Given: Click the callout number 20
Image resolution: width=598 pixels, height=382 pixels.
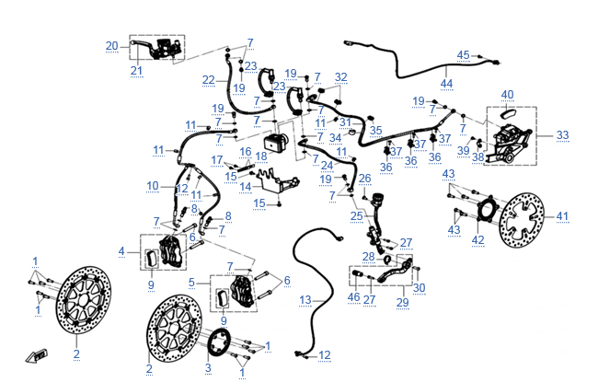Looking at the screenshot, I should tap(111, 46).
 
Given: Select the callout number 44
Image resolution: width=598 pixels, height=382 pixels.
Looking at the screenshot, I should tap(446, 84).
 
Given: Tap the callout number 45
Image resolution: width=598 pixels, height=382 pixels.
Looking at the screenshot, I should tap(463, 55).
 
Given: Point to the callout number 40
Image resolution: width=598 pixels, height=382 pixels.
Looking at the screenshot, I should tap(507, 94).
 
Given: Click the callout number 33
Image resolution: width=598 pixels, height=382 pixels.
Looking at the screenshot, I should tap(562, 134).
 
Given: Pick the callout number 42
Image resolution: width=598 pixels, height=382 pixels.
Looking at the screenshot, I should tap(477, 240).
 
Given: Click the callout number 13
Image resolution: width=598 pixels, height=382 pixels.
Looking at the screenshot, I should tap(305, 300).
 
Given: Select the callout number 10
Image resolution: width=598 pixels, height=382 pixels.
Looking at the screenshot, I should tap(153, 186).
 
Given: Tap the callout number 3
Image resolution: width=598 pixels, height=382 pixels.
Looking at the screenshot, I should tap(207, 368).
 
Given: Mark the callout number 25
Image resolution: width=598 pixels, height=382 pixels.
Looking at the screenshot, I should tap(356, 215).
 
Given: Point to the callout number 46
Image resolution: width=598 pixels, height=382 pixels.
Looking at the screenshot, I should tap(354, 297).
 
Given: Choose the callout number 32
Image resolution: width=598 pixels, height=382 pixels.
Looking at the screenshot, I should tap(341, 77).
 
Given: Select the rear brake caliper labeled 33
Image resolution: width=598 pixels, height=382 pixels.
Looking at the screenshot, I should tap(510, 138).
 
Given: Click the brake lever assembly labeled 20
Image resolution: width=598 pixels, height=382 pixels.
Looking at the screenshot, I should tap(156, 47).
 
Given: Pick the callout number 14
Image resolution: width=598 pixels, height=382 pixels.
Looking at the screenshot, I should tap(245, 187).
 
